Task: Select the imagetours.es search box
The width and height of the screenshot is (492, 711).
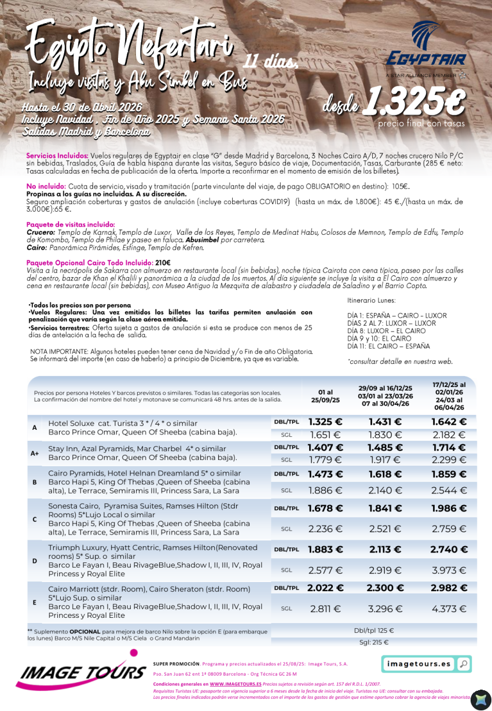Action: click(x=418, y=664)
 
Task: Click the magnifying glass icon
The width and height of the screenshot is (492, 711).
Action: click(x=463, y=664)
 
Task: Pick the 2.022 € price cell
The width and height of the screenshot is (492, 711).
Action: click(x=325, y=588)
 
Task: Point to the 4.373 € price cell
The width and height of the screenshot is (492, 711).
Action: click(x=449, y=609)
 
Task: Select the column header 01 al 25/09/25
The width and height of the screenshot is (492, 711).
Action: click(x=325, y=396)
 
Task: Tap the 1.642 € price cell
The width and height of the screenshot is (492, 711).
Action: click(x=449, y=422)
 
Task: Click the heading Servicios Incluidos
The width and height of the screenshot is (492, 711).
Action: click(x=57, y=156)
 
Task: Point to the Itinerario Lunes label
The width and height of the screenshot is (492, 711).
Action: click(x=371, y=301)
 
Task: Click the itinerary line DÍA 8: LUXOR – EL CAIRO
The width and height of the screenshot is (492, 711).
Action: click(x=386, y=331)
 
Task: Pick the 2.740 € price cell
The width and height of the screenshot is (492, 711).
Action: click(x=449, y=549)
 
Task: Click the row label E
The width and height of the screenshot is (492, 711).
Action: click(x=35, y=602)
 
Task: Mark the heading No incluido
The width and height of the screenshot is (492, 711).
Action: click(x=46, y=186)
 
